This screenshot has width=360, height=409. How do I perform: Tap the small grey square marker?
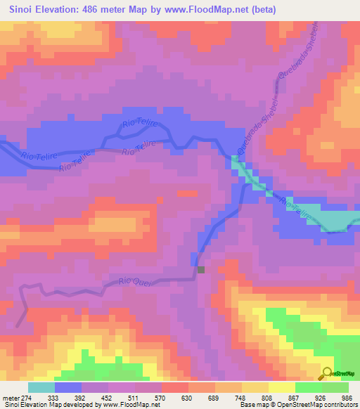tap(201, 269)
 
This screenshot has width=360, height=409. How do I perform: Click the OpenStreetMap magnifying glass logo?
tap(327, 374)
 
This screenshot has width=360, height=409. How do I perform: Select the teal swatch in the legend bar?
tap(41, 388)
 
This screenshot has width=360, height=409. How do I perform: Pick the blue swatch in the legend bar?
tap(68, 388)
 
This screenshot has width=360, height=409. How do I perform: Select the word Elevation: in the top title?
tap(66, 9)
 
